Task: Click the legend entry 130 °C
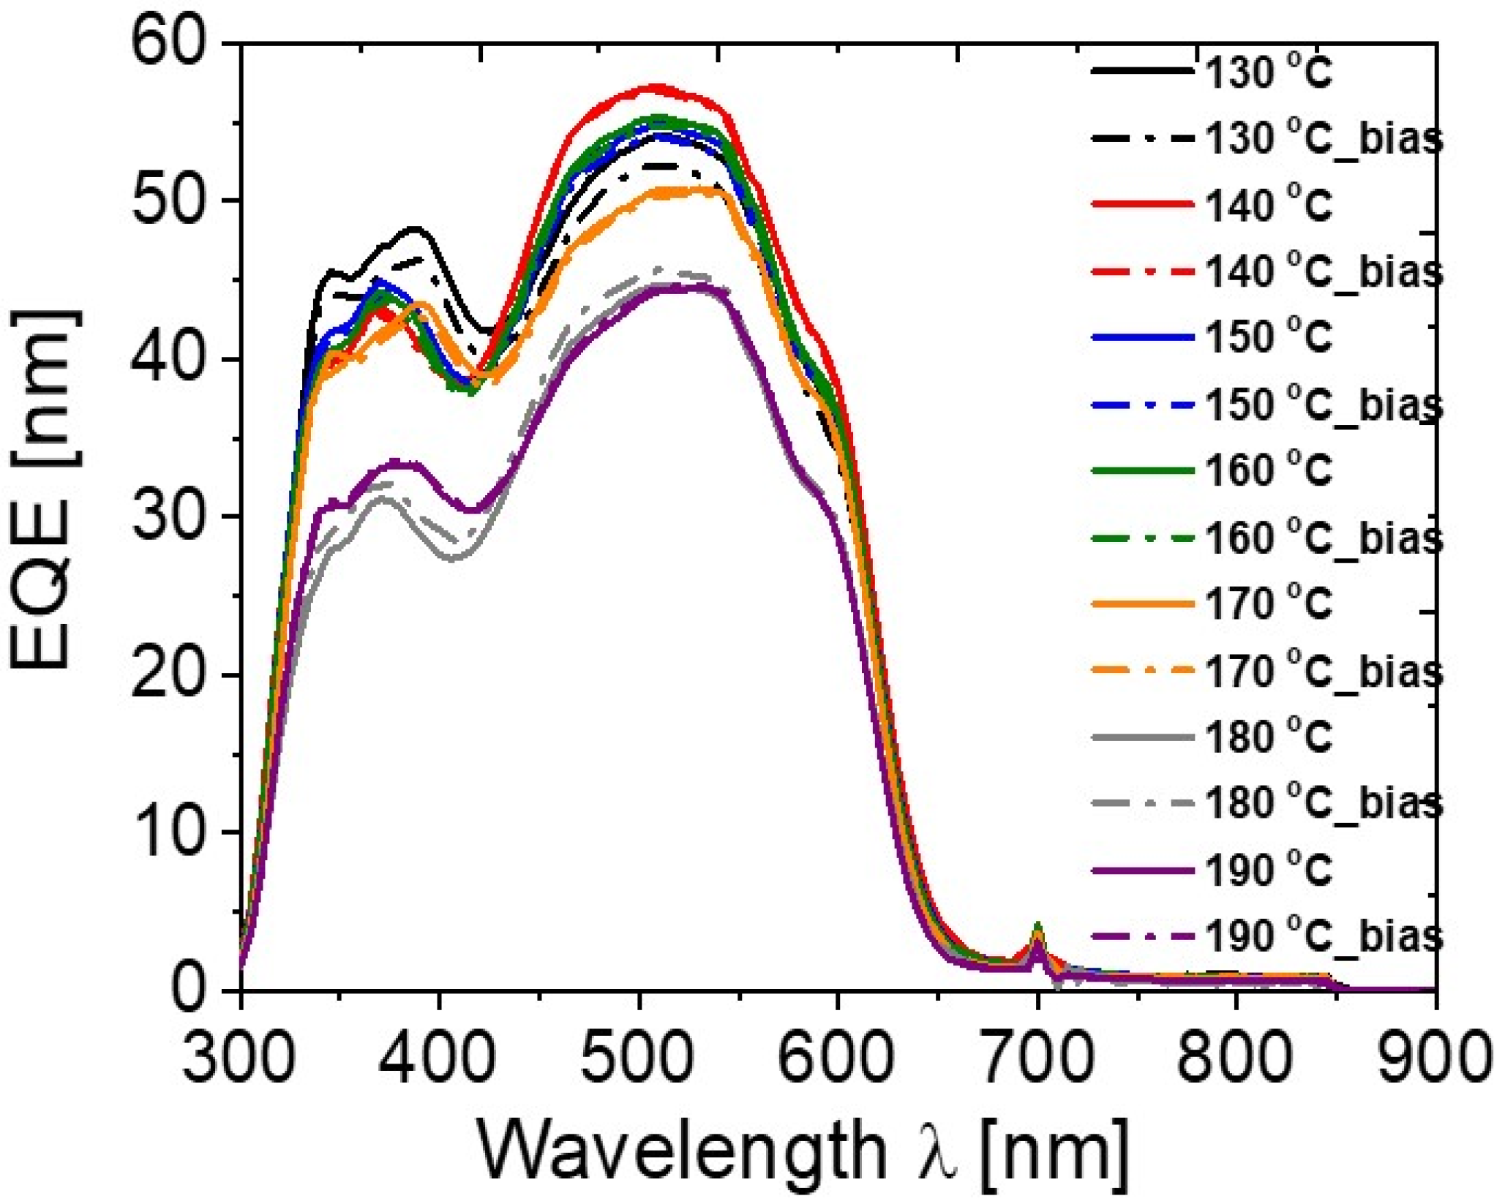tap(1267, 72)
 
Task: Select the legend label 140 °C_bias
tap(1323, 271)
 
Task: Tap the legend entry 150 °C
tap(1267, 337)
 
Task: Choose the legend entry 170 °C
tap(1267, 604)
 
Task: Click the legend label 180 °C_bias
tap(1323, 803)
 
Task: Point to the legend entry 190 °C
tap(1267, 870)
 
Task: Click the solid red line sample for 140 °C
tap(1142, 203)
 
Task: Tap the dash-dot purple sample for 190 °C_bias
tap(1142, 936)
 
